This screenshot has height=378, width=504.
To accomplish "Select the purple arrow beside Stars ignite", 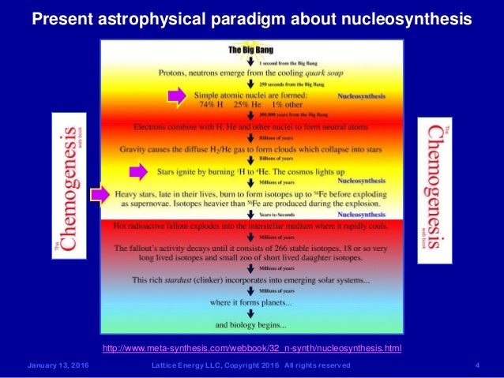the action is [x=138, y=170].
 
